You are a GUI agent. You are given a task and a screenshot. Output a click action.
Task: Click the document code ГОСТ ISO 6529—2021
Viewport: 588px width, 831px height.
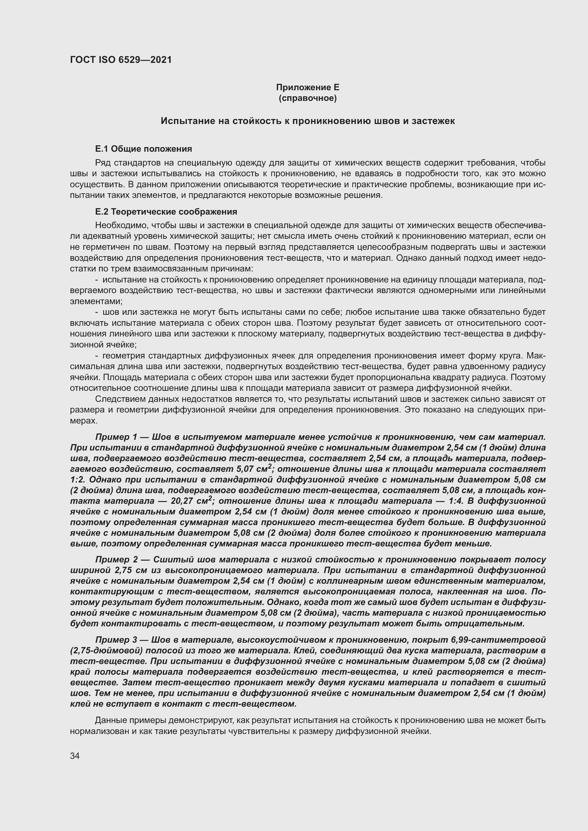click(121, 60)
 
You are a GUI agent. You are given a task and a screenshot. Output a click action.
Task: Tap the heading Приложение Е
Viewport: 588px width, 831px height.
click(308, 87)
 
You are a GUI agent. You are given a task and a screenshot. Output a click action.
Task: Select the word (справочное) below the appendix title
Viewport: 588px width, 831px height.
click(308, 98)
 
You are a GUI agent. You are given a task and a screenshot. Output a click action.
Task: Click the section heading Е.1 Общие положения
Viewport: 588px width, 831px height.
click(143, 149)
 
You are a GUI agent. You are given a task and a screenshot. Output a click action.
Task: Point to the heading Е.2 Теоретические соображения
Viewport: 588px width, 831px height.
click(166, 212)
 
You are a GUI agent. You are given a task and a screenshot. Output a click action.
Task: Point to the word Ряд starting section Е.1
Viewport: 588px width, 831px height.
click(103, 163)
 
